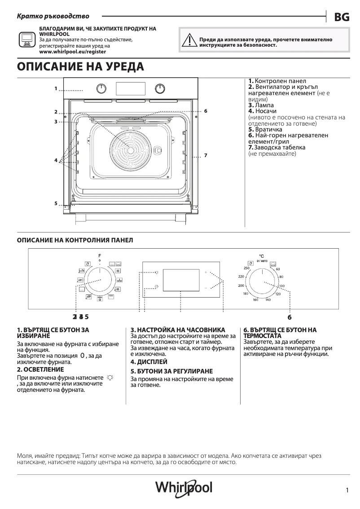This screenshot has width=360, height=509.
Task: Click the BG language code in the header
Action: [342, 17]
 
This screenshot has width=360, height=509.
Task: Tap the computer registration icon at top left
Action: [26, 40]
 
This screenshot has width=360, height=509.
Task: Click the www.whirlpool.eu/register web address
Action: [72, 52]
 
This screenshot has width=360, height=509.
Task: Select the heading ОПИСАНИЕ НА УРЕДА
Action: [80, 67]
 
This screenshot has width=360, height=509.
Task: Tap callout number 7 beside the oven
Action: [205, 155]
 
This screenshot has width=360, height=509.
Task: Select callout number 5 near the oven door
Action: [56, 203]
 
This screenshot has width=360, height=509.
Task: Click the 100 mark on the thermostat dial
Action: [281, 286]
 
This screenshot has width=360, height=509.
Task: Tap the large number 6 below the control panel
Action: [290, 317]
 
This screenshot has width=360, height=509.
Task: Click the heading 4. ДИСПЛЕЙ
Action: [149, 361]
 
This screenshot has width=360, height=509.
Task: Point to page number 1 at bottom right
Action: [347, 491]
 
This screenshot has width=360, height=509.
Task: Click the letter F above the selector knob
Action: [100, 255]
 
